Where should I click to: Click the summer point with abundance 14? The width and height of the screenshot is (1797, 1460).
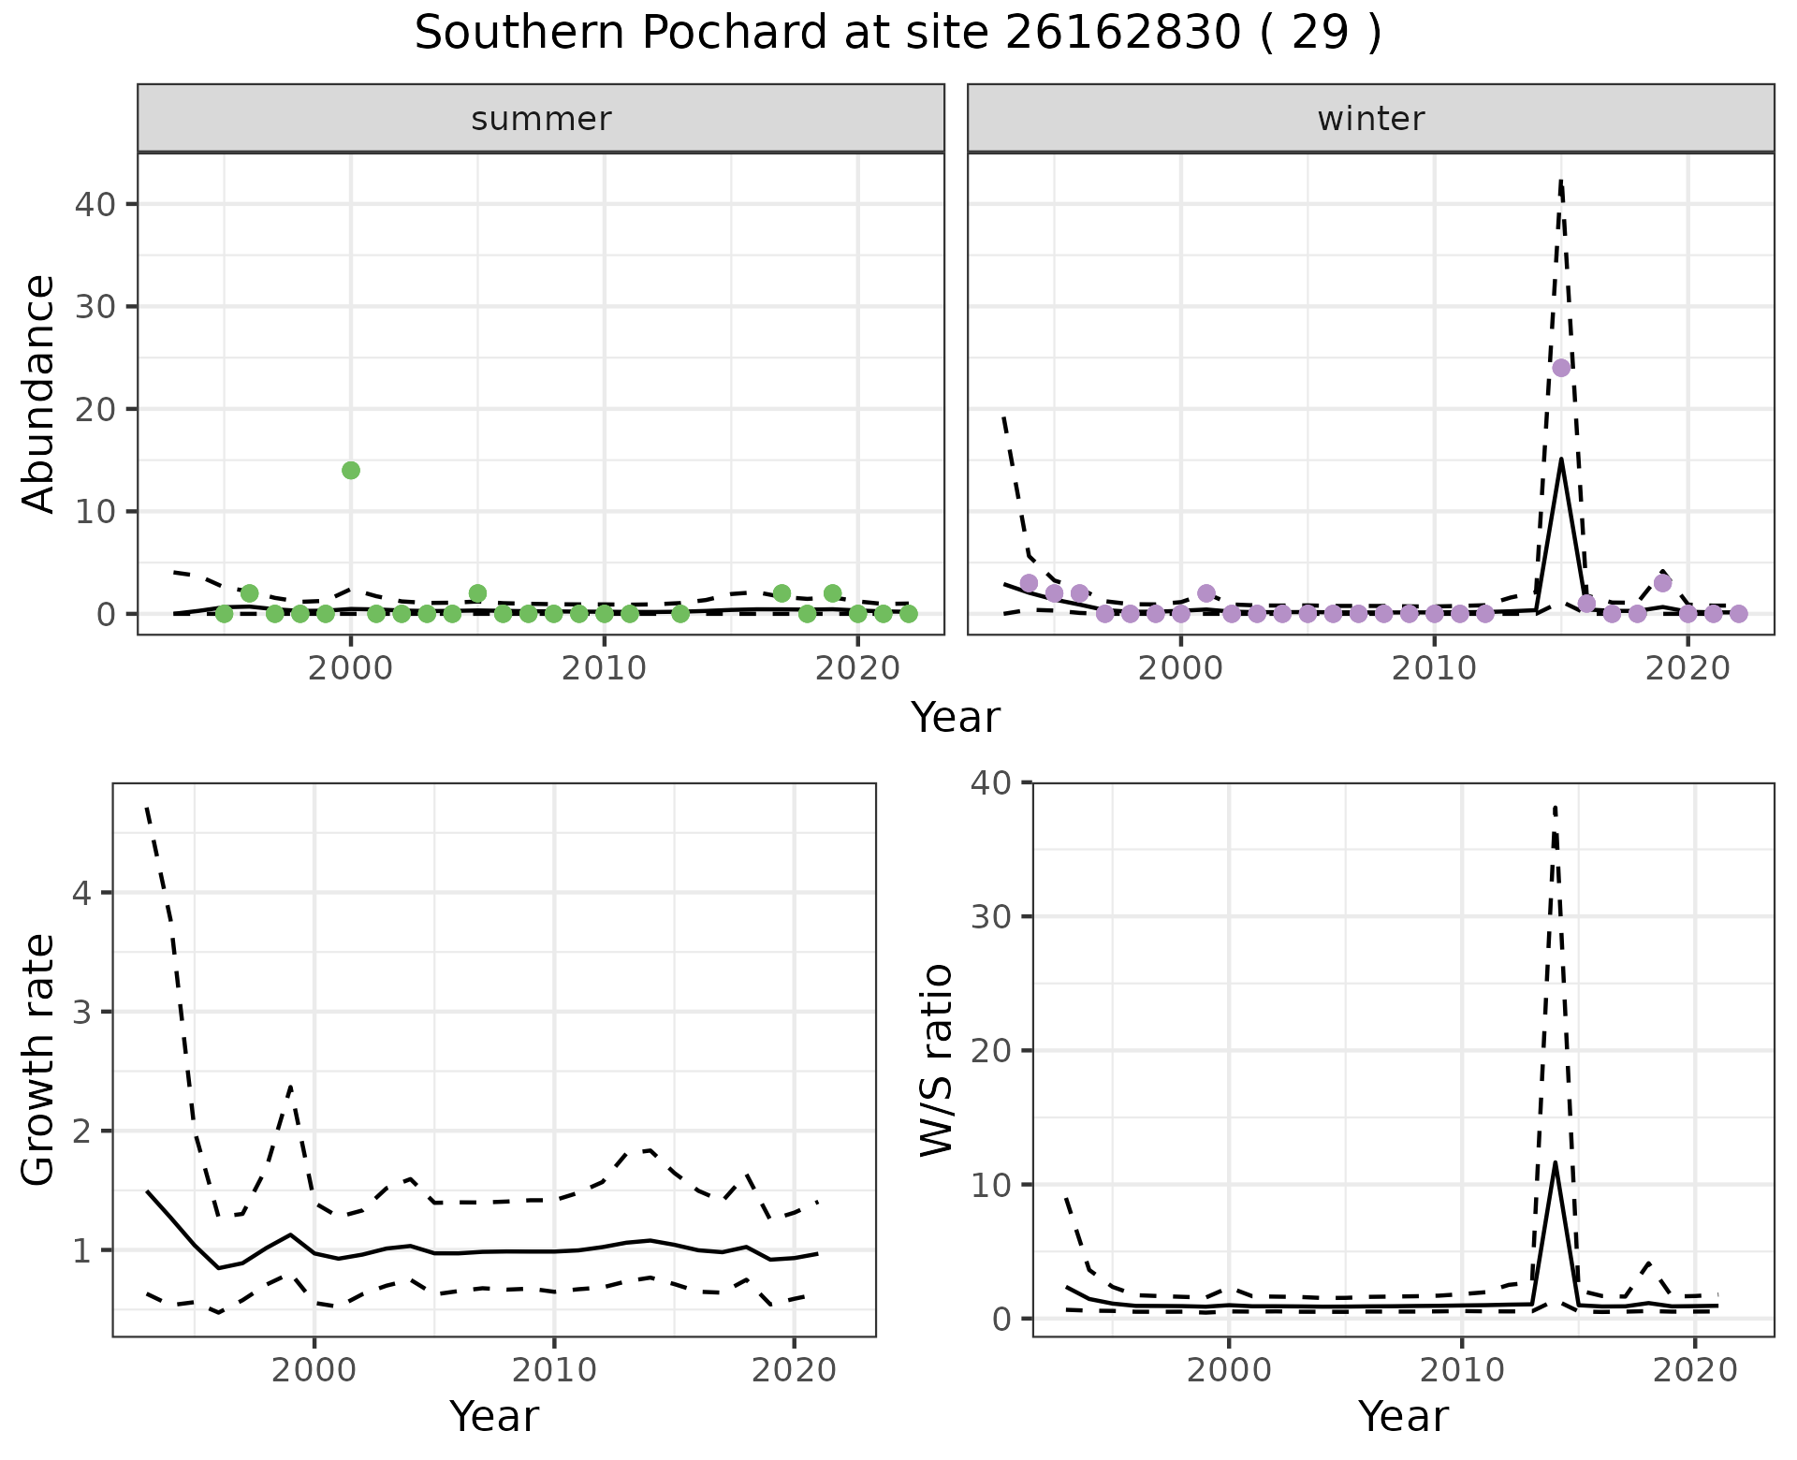351,470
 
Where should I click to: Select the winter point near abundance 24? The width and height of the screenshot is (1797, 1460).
1561,368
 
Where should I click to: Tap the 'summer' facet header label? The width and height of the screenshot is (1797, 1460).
541,119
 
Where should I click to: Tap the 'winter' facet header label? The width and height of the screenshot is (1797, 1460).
1371,119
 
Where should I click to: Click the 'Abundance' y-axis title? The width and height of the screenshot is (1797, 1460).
39,393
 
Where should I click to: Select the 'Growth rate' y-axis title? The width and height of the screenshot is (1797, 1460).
39,1059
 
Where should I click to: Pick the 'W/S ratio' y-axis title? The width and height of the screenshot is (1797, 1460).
936,1059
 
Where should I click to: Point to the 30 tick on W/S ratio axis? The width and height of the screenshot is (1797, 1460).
994,916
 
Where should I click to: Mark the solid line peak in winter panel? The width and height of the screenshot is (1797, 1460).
1561,460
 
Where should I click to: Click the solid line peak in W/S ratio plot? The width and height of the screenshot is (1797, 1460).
1555,1163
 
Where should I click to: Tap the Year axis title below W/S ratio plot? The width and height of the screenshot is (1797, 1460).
1403,1416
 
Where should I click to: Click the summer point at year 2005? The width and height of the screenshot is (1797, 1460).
477,593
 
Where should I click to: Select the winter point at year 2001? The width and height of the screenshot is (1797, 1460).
1206,593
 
